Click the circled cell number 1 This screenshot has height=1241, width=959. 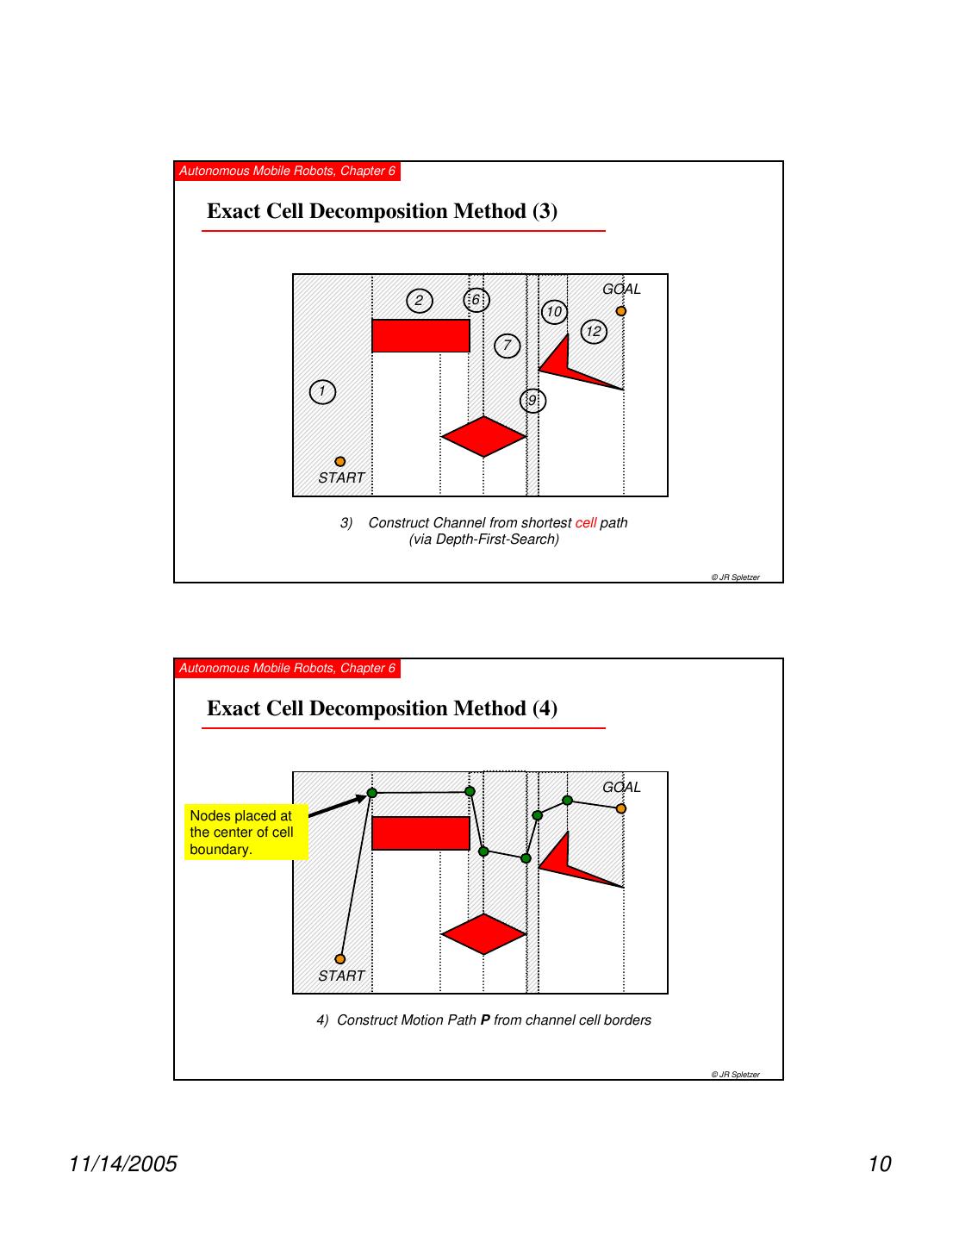point(322,392)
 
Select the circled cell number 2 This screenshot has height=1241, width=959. point(420,301)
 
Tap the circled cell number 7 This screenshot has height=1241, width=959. point(508,346)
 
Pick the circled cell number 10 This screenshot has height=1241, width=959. point(554,312)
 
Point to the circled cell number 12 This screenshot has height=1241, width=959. point(594,332)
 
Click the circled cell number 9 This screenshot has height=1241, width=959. point(533,401)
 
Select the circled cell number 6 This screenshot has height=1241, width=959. point(476,300)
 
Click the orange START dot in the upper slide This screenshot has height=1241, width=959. point(340,462)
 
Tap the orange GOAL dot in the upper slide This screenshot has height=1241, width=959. point(621,311)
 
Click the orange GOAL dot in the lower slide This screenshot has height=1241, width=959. point(621,808)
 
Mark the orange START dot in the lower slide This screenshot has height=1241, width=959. point(340,959)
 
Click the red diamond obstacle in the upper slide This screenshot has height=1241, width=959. point(483,437)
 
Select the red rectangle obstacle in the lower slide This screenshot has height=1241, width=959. point(420,833)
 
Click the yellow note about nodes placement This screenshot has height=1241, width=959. point(246,833)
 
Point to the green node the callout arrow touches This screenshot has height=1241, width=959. point(372,793)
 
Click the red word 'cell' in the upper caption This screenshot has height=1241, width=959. point(586,523)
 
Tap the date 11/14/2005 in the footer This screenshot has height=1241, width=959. point(123,1164)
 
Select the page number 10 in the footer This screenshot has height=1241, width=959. point(879,1164)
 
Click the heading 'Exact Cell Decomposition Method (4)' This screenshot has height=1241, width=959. point(383,708)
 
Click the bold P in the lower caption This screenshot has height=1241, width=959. point(485,1020)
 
